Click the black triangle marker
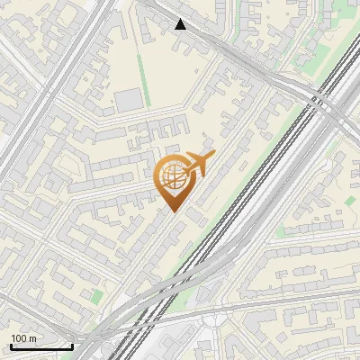(x=181, y=24)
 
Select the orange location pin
(x=173, y=180)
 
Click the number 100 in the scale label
(x=20, y=338)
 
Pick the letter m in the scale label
(x=34, y=338)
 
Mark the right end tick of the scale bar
(x=72, y=346)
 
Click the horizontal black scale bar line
(x=40, y=347)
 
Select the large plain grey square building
(x=128, y=99)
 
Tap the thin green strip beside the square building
(x=141, y=76)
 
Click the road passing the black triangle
(x=216, y=40)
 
